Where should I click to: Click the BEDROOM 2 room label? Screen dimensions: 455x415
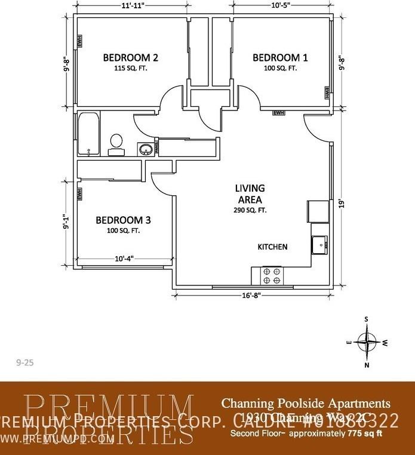130,58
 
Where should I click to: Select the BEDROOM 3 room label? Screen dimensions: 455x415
123,220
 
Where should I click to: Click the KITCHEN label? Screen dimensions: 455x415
272,247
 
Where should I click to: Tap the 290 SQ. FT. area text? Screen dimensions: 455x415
250,210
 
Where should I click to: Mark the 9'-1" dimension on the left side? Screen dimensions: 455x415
66,223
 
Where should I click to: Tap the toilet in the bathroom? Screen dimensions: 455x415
116,143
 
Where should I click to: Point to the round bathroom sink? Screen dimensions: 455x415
144,149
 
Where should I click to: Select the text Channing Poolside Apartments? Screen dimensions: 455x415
306,403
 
